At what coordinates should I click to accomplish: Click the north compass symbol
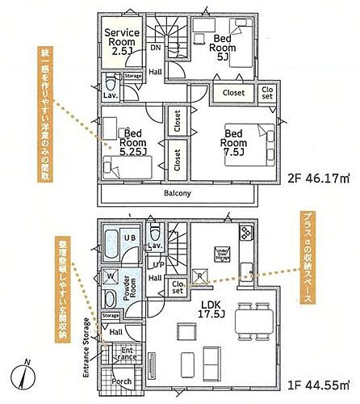point(24,377)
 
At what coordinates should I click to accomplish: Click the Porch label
point(123,382)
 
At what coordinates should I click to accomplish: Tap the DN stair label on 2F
point(155,48)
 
